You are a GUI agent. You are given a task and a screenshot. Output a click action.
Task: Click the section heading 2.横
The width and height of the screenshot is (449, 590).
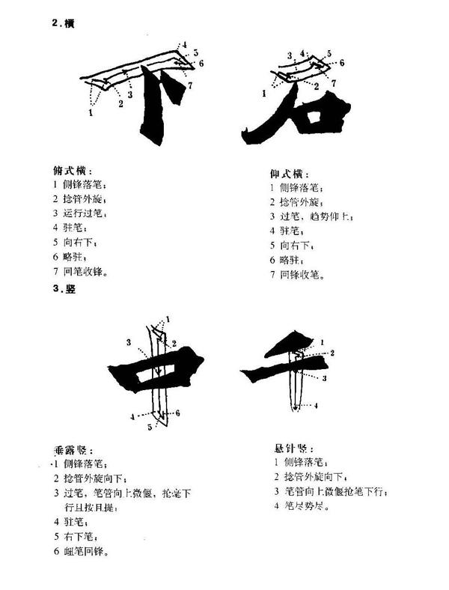pos(62,23)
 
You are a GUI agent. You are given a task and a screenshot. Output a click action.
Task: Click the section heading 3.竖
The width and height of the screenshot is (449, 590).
pos(62,288)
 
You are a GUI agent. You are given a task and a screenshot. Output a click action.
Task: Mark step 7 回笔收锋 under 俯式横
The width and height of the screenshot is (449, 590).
pos(85,270)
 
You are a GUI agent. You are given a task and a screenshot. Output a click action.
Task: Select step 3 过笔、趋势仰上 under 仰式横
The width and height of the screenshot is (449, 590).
pos(312,216)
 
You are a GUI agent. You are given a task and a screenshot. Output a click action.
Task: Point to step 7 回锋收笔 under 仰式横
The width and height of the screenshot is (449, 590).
pos(302,275)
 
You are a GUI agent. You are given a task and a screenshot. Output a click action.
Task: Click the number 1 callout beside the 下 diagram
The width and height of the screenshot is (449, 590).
pos(90,113)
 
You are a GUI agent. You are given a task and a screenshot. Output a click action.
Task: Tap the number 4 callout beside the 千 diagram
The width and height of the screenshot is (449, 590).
pos(315,406)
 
